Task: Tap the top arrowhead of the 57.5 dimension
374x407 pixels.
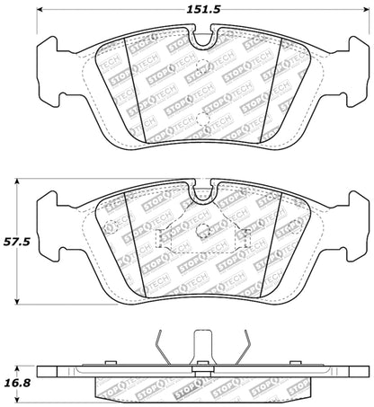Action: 20,181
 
